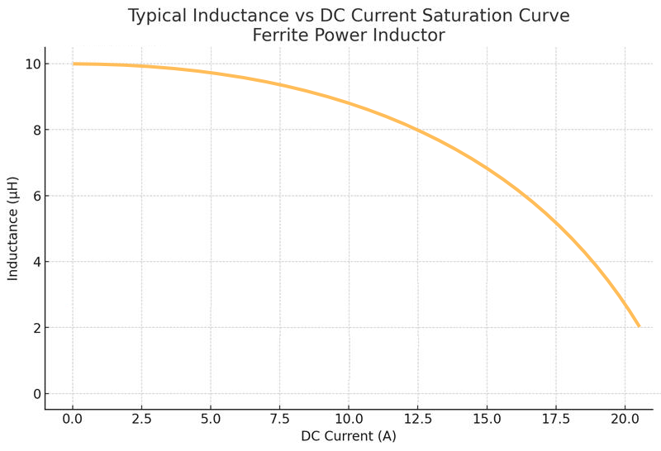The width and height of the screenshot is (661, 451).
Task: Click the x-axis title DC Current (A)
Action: tap(349, 436)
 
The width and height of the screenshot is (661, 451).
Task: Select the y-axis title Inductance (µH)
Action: tap(13, 228)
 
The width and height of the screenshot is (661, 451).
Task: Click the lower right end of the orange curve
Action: tap(638, 325)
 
